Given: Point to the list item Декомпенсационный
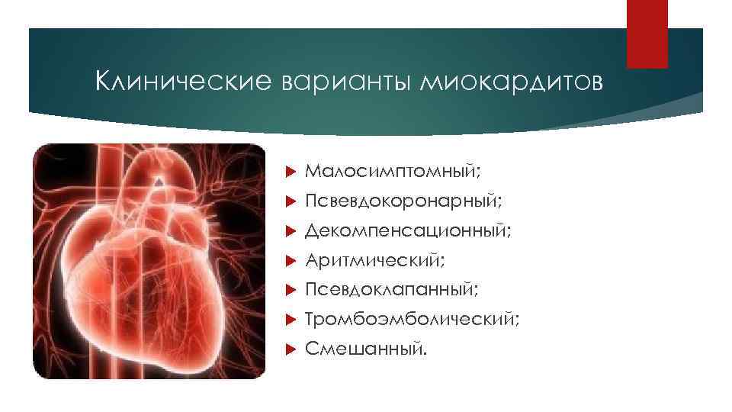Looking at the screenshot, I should tap(408, 231).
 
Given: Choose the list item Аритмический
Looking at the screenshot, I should tap(374, 261).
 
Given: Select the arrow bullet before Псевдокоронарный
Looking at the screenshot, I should tap(289, 202).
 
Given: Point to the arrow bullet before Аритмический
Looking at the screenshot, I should tap(289, 261).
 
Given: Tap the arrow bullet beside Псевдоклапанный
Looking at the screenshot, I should tap(289, 290).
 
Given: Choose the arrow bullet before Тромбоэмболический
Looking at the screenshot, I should tap(289, 320).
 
